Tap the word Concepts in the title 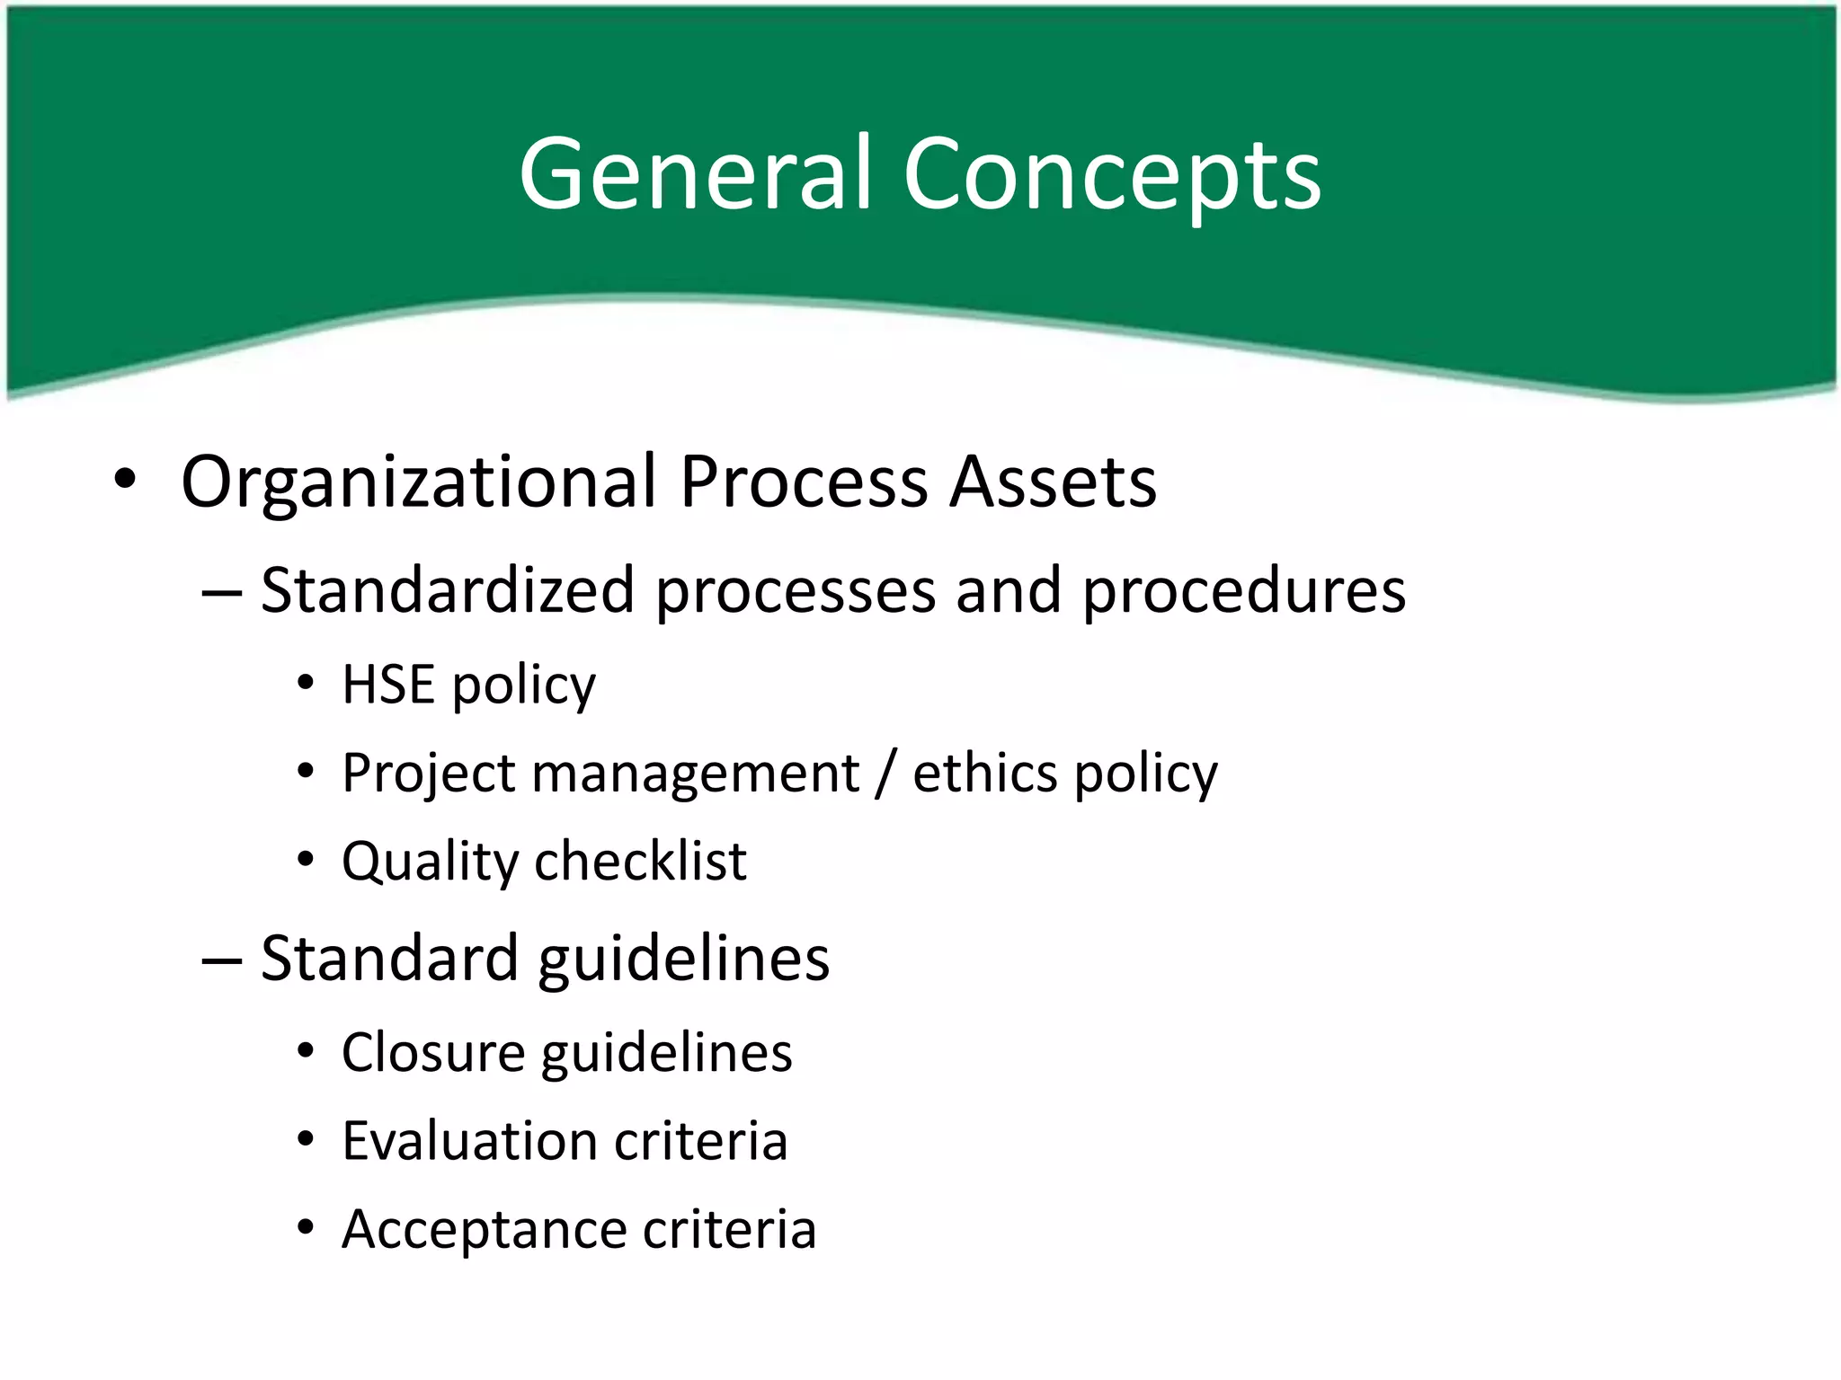1112,176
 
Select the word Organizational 419,482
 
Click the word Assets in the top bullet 1054,482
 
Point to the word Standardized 448,590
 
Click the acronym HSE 388,685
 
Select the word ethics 985,773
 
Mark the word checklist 641,861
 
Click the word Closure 432,1052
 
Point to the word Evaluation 469,1141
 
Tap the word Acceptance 483,1229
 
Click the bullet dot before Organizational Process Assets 125,479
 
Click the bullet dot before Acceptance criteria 306,1227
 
